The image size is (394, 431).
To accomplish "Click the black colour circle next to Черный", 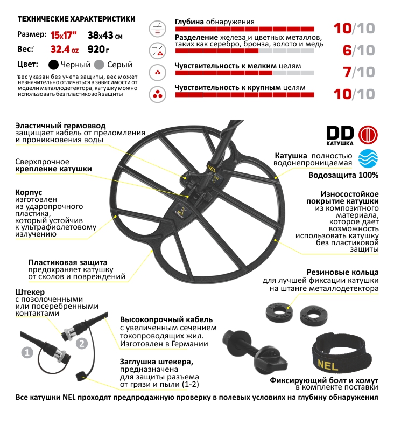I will coord(53,65).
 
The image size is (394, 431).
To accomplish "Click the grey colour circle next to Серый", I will coord(99,65).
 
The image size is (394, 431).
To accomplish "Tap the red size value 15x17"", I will coord(64,36).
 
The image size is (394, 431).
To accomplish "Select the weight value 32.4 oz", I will coord(64,50).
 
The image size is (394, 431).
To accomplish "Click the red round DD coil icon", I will coord(368,134).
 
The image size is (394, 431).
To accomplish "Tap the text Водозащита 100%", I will coord(343,175).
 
